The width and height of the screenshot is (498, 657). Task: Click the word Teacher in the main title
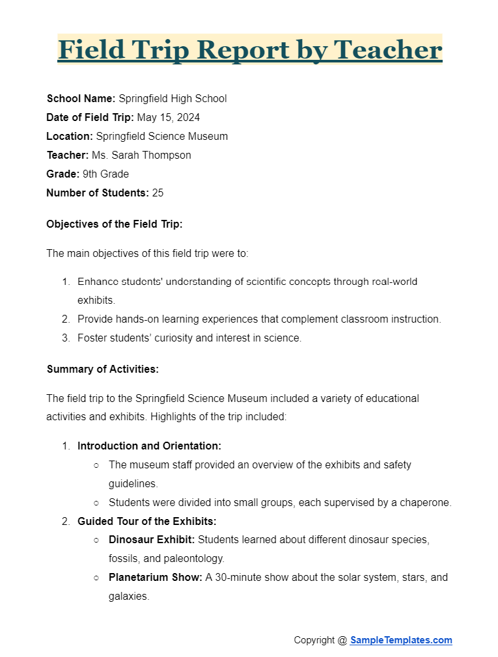click(387, 49)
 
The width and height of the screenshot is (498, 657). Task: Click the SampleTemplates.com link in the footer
click(401, 640)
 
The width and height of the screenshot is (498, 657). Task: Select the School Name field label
click(81, 99)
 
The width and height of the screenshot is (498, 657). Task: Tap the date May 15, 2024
click(168, 118)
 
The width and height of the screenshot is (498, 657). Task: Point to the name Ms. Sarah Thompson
click(141, 155)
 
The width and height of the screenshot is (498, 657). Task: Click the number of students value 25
click(158, 193)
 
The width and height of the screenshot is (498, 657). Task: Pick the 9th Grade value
click(105, 174)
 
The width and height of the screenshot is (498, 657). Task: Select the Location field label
click(70, 137)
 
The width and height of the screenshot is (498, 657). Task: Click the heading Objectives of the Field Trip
click(115, 224)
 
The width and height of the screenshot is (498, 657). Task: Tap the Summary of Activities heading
click(103, 369)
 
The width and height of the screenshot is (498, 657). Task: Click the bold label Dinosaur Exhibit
click(152, 540)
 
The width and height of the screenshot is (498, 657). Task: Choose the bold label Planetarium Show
click(156, 578)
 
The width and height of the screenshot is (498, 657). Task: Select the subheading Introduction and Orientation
click(149, 446)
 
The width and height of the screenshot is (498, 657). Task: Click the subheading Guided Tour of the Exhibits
click(146, 522)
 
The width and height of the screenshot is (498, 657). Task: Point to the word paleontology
click(195, 559)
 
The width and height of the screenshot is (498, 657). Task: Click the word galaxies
click(129, 597)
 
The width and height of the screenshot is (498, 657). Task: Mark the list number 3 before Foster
click(65, 338)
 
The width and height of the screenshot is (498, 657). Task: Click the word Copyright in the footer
click(314, 640)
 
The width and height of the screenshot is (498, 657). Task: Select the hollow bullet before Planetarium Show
click(96, 578)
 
